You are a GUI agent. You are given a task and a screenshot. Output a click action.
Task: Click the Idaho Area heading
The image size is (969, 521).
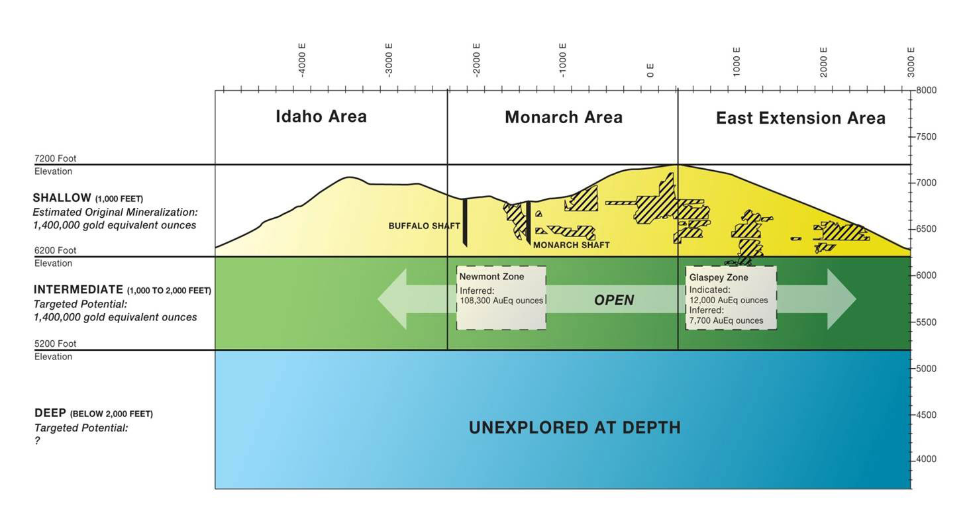(321, 117)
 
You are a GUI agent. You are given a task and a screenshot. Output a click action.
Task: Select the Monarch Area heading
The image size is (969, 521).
(564, 117)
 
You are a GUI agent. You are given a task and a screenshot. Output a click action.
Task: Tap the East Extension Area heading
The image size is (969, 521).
(801, 118)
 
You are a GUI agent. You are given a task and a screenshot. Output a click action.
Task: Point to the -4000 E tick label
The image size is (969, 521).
(302, 60)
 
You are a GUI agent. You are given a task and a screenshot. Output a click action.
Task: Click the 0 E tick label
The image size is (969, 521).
(650, 70)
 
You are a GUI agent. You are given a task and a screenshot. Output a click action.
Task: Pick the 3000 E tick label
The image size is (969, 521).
(911, 62)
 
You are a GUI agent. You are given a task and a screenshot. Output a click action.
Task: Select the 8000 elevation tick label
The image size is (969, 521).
(926, 91)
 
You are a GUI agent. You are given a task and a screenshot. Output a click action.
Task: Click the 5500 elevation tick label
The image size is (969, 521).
(926, 322)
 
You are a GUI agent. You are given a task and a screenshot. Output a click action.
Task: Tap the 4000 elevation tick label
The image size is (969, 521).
(926, 459)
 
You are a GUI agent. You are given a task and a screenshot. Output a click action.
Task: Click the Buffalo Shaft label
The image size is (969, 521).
(424, 226)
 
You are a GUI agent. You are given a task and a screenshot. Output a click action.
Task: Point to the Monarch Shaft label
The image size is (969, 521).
(571, 245)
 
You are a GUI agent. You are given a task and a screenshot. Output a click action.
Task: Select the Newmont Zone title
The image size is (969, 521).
(491, 277)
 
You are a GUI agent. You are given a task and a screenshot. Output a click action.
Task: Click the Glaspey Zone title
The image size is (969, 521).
(719, 277)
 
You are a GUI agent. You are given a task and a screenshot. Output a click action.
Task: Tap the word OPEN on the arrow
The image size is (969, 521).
(614, 300)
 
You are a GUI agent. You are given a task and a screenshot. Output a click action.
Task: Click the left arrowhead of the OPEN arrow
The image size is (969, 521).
(392, 299)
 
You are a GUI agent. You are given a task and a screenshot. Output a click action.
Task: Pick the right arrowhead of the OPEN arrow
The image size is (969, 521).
(842, 299)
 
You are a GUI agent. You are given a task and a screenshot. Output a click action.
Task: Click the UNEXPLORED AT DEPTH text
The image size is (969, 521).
(575, 428)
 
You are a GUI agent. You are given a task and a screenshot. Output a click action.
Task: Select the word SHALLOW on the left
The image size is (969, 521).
(62, 197)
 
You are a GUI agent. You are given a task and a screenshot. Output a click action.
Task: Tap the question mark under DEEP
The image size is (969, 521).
(37, 441)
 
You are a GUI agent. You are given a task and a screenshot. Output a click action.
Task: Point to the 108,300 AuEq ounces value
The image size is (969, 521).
(501, 301)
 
